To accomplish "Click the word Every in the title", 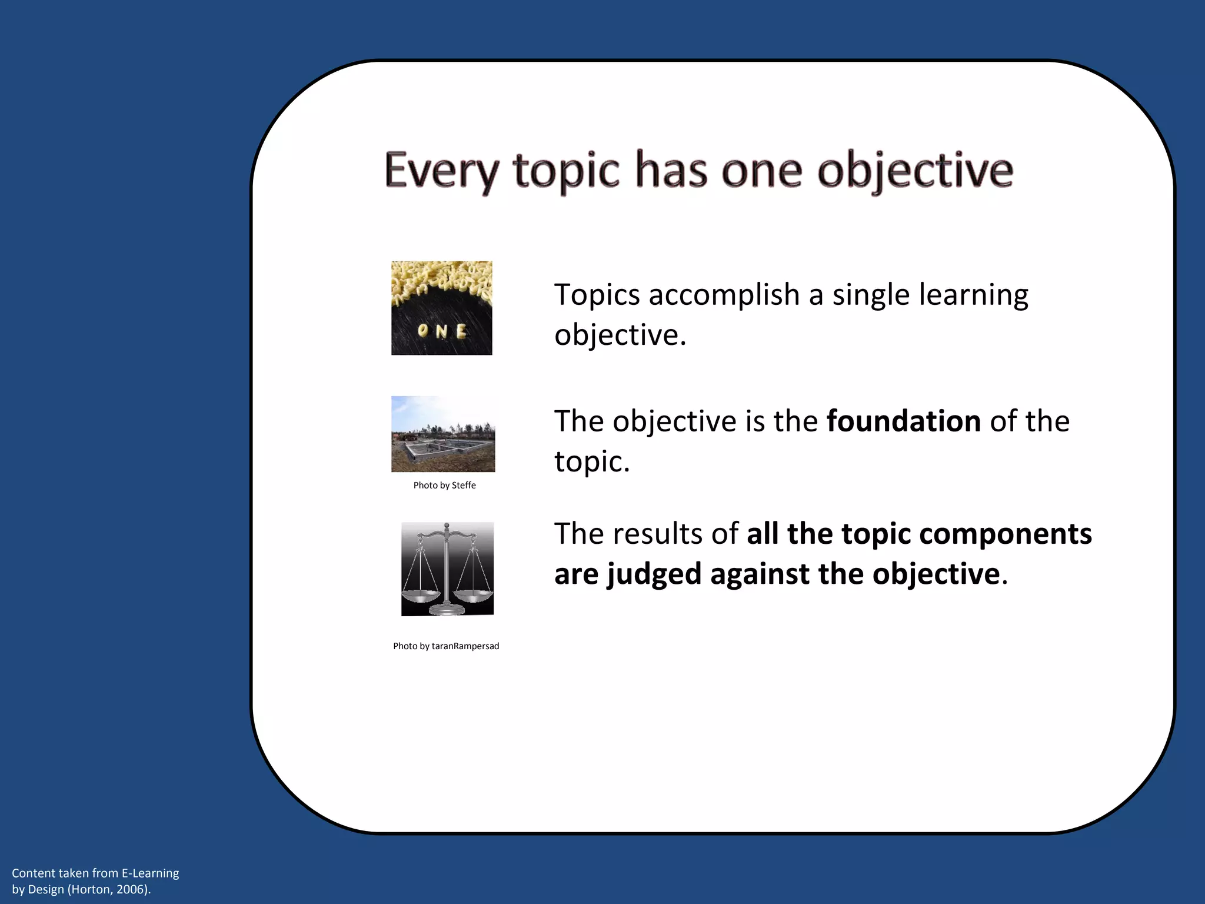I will coord(441,171).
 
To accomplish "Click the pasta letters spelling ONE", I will coord(442,331).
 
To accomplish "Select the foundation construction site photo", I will coord(443,434).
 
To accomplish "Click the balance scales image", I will coord(447,569).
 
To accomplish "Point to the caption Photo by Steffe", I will coord(444,486).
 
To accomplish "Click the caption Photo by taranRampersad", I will coord(446,646).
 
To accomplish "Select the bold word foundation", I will coord(903,421).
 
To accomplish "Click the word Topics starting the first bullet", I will coord(597,295).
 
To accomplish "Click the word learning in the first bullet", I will coord(973,295).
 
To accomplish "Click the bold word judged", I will coord(654,574).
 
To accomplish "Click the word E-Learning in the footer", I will coord(150,873).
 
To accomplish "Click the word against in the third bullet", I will coord(760,574).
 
